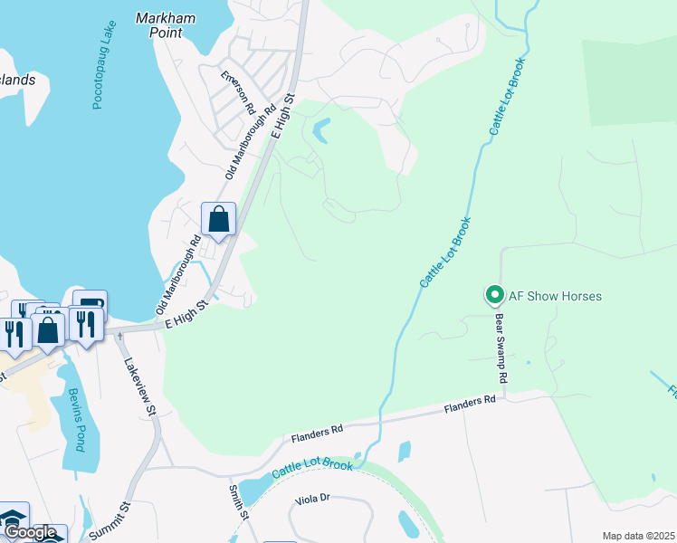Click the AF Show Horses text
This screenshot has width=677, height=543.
coord(555,296)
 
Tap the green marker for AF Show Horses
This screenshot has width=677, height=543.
coord(494,295)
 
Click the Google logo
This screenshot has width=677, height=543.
coord(30,533)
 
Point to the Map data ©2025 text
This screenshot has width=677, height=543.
coord(637,536)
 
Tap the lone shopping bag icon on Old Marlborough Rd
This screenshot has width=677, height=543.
coord(218,219)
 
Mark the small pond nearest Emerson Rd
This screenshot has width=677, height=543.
coord(321,131)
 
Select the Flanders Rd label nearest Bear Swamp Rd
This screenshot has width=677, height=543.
coord(471,405)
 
